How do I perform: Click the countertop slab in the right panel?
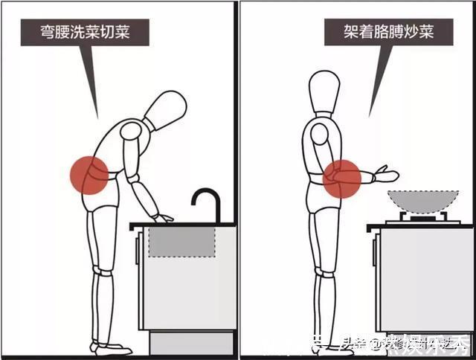click(421, 225)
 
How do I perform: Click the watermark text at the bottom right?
click(405, 344)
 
